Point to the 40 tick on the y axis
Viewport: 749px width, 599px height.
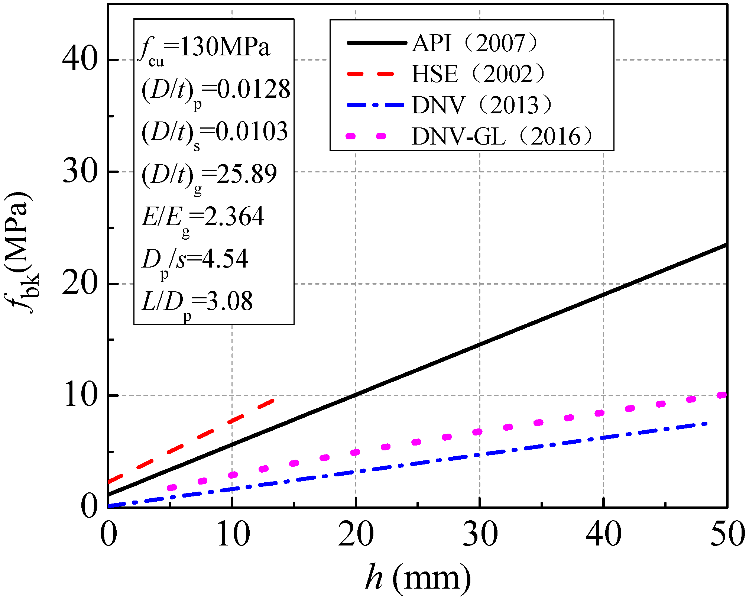coord(80,59)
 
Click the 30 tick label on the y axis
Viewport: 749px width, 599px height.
coord(80,172)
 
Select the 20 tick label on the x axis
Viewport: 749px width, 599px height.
coord(356,535)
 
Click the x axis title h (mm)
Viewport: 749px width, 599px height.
coord(418,578)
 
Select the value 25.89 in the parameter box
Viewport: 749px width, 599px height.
coord(247,174)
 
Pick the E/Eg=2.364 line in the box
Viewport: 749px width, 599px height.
coord(203,218)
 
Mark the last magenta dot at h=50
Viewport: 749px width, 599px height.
coord(722,395)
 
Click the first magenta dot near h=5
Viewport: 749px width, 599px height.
coord(172,488)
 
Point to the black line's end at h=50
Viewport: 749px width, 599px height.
coord(725,245)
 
